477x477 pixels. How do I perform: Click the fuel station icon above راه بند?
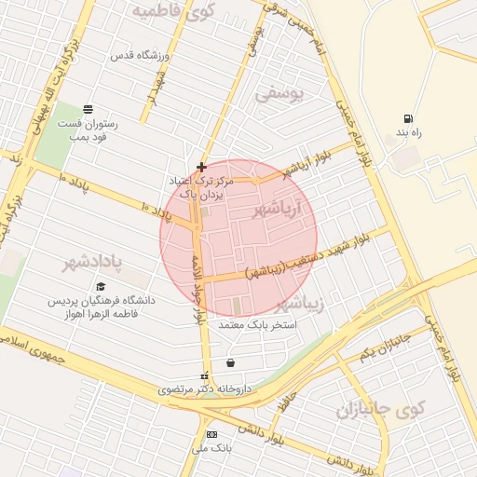407,118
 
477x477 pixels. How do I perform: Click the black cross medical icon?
200,167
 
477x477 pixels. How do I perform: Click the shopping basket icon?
230,362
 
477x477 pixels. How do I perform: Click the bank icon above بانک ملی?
211,434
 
